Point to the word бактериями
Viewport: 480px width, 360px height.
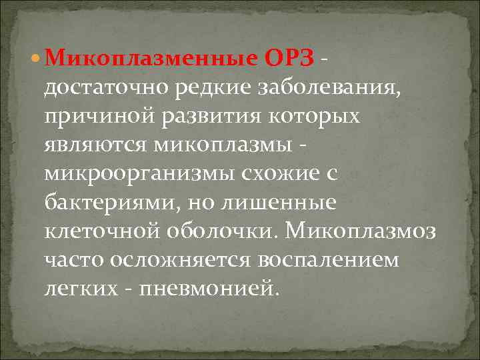click(x=107, y=202)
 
